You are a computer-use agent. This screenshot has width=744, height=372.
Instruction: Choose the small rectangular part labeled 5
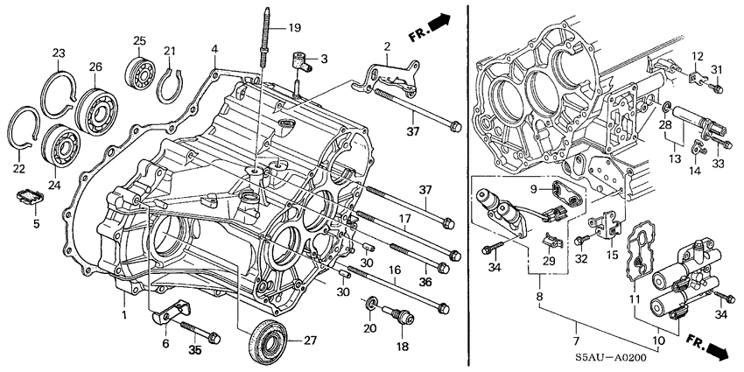tap(32, 196)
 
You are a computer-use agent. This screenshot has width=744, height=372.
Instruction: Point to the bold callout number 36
tap(426, 282)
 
